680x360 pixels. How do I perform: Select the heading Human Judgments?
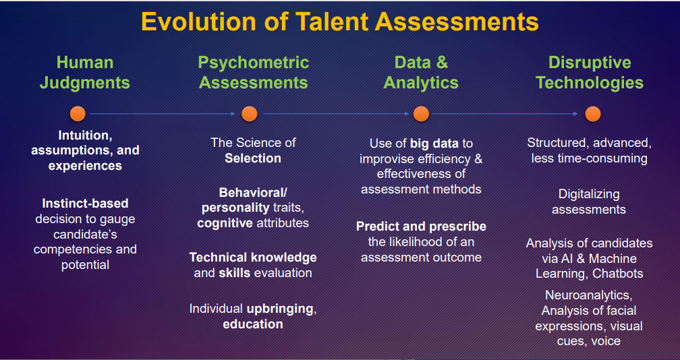pos(85,72)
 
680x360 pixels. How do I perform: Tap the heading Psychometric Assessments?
pos(253,72)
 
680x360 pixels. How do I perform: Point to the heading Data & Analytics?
pos(421,72)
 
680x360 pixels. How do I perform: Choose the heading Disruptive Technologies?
pos(590,72)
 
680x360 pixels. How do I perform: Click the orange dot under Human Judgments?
pos(78,114)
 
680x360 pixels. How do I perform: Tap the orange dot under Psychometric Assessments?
pos(250,114)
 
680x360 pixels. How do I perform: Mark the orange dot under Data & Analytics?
pos(421,114)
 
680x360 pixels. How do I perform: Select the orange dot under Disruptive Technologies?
pos(593,114)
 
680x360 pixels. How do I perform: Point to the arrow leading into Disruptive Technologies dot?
pos(505,114)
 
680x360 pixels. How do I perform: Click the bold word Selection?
pos(253,158)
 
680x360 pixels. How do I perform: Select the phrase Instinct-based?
pos(85,203)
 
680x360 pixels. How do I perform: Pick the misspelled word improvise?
pos(389,158)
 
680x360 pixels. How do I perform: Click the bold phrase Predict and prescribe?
pos(421,227)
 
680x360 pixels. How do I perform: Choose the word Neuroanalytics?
pos(588,295)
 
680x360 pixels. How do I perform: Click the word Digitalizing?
pos(589,194)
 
